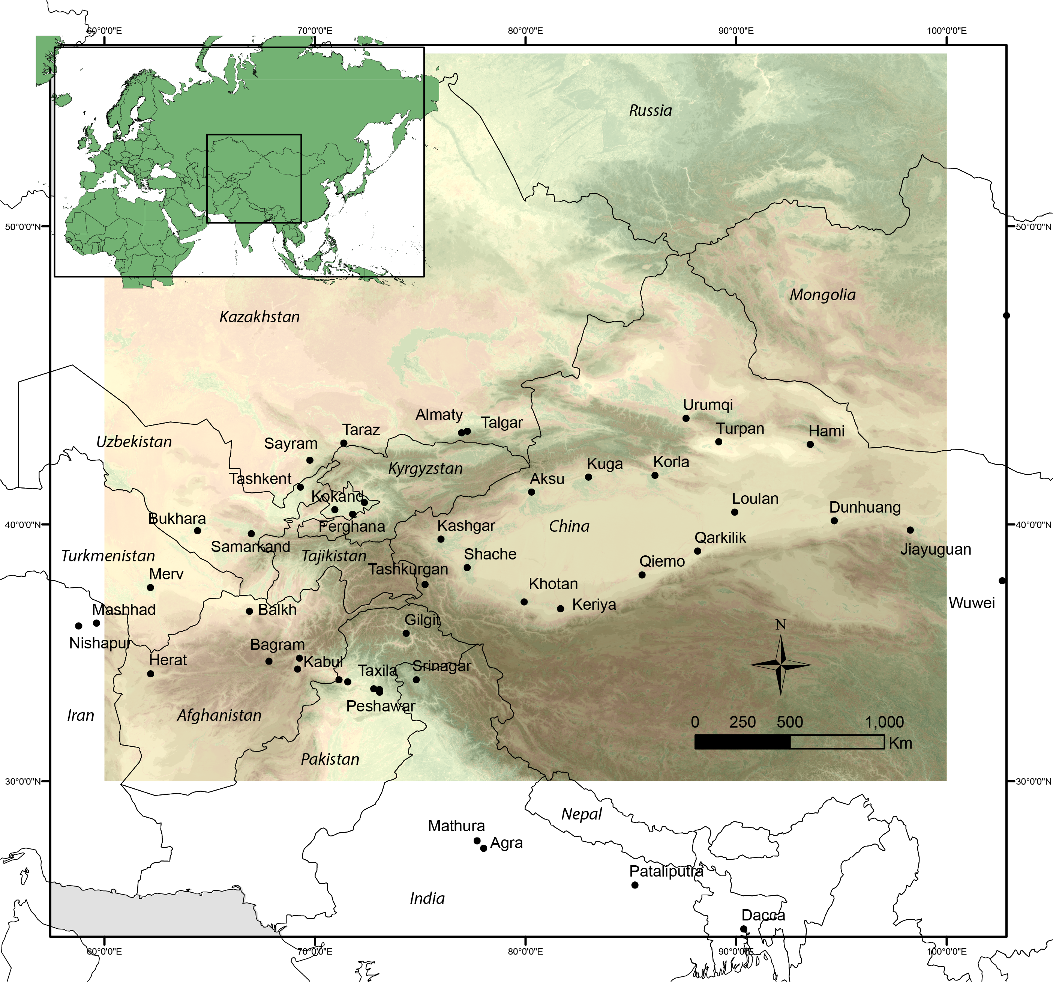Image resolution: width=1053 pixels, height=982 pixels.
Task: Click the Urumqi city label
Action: click(x=708, y=405)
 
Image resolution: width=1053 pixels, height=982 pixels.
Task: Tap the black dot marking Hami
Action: click(x=810, y=444)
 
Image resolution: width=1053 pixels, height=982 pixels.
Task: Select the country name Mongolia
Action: click(x=823, y=295)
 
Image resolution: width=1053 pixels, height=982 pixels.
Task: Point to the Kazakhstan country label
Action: click(x=259, y=317)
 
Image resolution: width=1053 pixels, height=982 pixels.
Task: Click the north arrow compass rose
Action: click(x=781, y=664)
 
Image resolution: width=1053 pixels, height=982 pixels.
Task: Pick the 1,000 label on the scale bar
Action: click(x=884, y=722)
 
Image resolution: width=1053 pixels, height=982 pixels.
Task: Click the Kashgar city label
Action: click(x=466, y=526)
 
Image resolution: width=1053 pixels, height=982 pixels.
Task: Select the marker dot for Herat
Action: click(x=150, y=674)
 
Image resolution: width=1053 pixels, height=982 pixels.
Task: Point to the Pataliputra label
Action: click(x=666, y=871)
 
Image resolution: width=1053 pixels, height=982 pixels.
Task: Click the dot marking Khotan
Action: click(x=524, y=602)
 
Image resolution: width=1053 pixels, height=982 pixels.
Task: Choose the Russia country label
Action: click(x=651, y=111)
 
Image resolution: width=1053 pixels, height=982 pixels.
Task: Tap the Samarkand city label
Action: click(x=250, y=546)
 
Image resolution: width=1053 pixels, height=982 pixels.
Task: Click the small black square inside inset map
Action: click(x=254, y=179)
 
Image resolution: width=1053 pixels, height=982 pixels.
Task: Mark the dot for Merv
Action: click(x=150, y=587)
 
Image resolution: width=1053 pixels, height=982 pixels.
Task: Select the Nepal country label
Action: click(x=582, y=814)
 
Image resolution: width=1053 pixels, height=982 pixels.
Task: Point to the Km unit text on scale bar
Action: click(x=900, y=743)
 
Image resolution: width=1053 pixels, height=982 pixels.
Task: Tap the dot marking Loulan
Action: click(x=735, y=512)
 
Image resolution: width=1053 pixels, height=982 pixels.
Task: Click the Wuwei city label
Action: click(x=971, y=603)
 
